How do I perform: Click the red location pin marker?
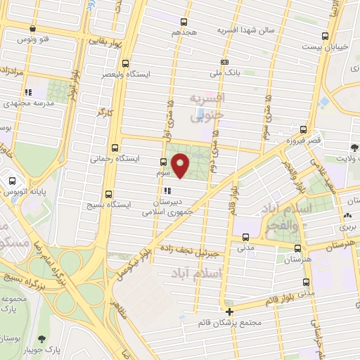coord(181,167)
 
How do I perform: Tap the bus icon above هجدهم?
coord(184,22)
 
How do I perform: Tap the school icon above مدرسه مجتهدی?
coord(27,92)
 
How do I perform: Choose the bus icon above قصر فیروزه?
coord(304,129)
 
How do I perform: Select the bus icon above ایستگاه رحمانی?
coord(115,148)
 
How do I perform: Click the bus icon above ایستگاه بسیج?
coord(108,194)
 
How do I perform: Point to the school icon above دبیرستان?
coord(167,190)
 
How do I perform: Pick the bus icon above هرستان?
coord(298,248)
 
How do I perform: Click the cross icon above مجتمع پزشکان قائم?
coord(229,311)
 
